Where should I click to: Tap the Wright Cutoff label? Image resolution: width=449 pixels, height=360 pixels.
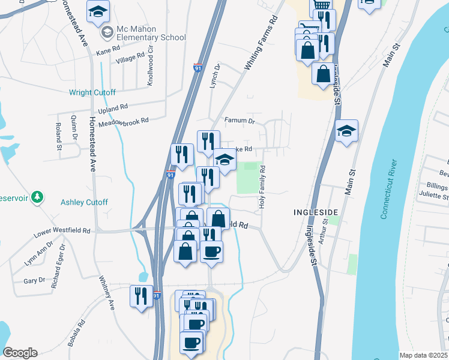(92, 92)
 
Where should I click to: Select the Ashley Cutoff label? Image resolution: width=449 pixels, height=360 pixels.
(84, 202)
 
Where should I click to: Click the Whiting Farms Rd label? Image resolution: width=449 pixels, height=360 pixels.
(262, 46)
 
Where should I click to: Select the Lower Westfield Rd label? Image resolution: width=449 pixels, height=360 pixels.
(62, 230)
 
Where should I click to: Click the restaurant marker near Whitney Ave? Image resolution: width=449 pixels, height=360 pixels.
(142, 297)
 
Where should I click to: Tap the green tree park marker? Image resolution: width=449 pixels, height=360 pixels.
(38, 196)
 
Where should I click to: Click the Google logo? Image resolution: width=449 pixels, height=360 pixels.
(20, 353)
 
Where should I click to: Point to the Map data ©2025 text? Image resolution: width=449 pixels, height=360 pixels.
(424, 355)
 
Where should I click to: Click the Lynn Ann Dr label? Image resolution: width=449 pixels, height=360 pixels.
(38, 255)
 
